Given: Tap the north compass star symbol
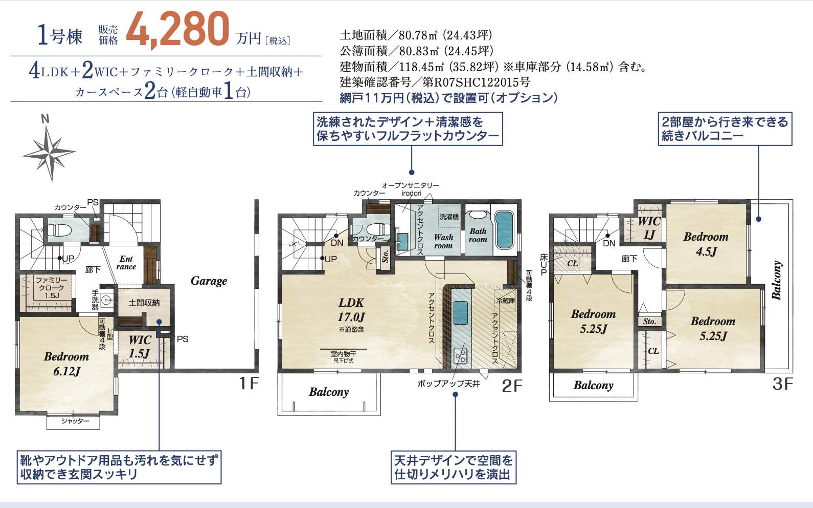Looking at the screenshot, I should [50, 153].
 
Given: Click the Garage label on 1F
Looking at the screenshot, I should [209, 281].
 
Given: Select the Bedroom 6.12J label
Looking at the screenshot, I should [66, 364].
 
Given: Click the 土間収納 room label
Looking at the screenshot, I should [144, 303].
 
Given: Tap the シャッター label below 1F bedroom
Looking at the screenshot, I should [75, 421].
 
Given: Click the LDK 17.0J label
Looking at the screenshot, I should [351, 309].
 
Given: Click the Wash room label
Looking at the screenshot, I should [443, 241].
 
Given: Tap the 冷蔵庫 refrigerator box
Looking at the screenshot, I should [505, 301].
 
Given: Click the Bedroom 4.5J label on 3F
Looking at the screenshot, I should [706, 244].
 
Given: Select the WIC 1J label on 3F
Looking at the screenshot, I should [649, 228].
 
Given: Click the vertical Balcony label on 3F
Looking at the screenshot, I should [777, 280].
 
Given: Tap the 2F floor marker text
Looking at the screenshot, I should [512, 385].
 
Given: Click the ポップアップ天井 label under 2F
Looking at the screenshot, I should [448, 383].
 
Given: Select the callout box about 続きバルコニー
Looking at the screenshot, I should [724, 129].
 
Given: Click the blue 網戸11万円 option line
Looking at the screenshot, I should [448, 97].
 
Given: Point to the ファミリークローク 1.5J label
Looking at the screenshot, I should [51, 287].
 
